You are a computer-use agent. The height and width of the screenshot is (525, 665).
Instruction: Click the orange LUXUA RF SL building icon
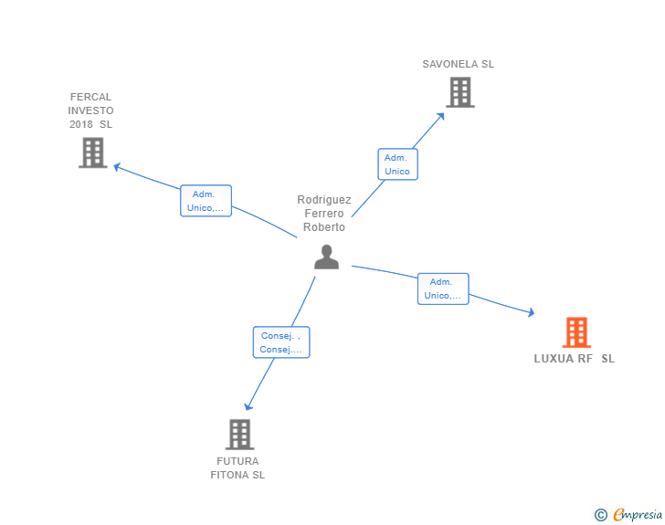point(576,332)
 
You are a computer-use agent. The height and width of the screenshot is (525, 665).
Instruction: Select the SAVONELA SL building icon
point(460,92)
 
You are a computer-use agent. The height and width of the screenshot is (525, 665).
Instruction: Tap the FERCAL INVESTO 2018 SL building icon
point(93,152)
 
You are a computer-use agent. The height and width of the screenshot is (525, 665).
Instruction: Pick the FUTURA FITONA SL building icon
point(239,435)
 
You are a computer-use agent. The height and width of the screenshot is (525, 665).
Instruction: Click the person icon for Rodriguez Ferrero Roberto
point(326,257)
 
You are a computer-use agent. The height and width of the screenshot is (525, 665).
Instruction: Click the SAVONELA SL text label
point(458,65)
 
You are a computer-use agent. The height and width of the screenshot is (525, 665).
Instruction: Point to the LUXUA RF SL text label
point(575,359)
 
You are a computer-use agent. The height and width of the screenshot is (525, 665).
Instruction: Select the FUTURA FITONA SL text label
point(237,468)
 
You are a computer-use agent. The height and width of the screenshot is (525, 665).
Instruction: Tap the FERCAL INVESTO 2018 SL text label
point(91,110)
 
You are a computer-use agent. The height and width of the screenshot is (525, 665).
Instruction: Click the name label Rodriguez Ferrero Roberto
point(324,214)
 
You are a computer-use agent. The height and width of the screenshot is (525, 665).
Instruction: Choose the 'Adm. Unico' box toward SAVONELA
point(397,164)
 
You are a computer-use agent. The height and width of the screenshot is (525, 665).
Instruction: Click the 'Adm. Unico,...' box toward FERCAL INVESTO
point(206,201)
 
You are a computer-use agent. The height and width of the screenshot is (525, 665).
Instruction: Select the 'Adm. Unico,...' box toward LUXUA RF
point(443,289)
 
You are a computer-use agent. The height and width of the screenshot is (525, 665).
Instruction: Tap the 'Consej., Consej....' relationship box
point(280,342)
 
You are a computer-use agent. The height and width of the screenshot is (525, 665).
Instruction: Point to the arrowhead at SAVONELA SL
point(442,114)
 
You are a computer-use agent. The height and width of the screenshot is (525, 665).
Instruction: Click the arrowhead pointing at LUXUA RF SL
point(531,313)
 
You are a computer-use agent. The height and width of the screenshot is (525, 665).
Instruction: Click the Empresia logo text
point(638,515)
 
